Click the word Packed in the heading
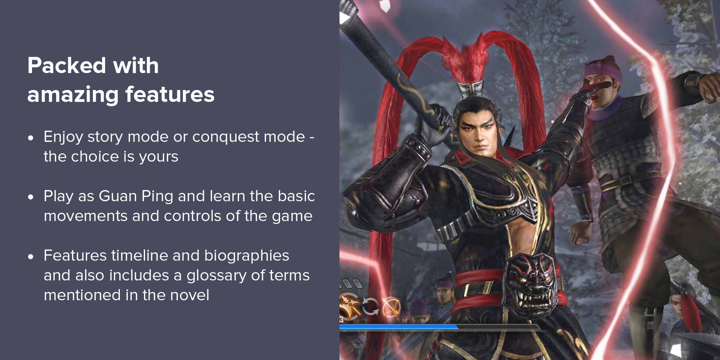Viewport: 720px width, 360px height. coord(67,66)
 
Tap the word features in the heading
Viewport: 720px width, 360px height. coord(170,94)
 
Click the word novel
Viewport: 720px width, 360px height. coord(190,295)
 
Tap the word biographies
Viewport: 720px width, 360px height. coord(247,256)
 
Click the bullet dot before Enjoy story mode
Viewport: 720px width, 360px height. coord(31,137)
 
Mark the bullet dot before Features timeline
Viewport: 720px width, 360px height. coord(31,256)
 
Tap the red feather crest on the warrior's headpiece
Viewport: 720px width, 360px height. coord(464,58)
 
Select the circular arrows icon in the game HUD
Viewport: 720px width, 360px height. coord(370,306)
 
